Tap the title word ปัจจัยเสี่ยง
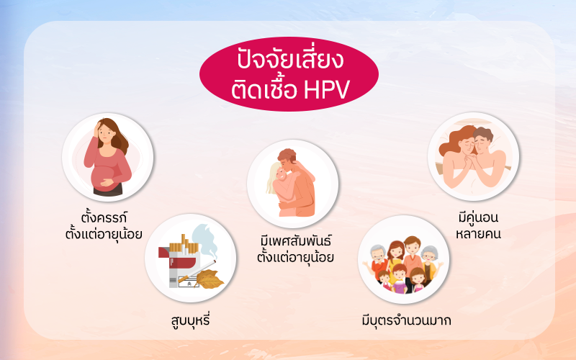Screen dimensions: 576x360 tap(290, 60)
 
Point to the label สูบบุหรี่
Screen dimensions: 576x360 tap(190, 320)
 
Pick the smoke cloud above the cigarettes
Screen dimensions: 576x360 tap(204, 240)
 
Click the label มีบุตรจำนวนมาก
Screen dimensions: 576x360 tap(406, 320)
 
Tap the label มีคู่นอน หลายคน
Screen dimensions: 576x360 tap(478, 225)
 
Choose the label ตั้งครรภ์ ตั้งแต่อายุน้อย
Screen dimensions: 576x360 tap(104, 225)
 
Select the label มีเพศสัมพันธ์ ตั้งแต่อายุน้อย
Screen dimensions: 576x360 tap(295, 249)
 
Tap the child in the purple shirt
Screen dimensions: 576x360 tap(400, 279)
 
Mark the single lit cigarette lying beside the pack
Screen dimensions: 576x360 tap(197, 271)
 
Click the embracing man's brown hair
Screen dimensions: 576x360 tap(287, 155)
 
